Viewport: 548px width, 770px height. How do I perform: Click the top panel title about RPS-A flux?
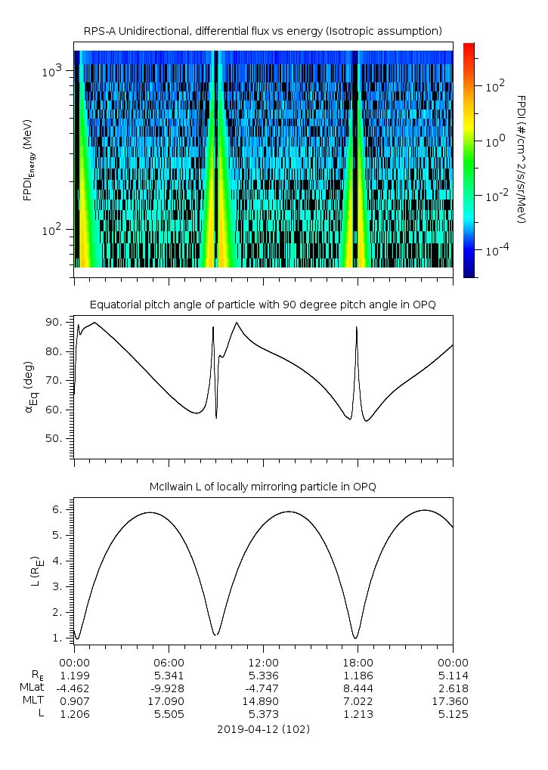tap(262, 30)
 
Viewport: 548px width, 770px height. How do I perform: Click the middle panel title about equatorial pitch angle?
tap(262, 305)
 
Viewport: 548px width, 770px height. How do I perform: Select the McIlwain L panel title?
tap(262, 487)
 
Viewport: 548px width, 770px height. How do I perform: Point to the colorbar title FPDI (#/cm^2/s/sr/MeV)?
tap(521, 159)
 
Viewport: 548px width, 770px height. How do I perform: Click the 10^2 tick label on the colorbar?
tap(494, 85)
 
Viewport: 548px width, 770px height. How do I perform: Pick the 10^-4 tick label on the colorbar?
tap(496, 250)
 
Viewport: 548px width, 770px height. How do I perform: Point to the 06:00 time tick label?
tap(169, 661)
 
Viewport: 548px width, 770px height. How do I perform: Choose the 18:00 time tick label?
tap(358, 661)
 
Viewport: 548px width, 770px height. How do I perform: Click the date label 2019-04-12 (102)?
tap(263, 729)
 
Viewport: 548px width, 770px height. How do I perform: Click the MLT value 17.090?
tap(169, 701)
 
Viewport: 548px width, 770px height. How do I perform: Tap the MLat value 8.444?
tap(358, 688)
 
